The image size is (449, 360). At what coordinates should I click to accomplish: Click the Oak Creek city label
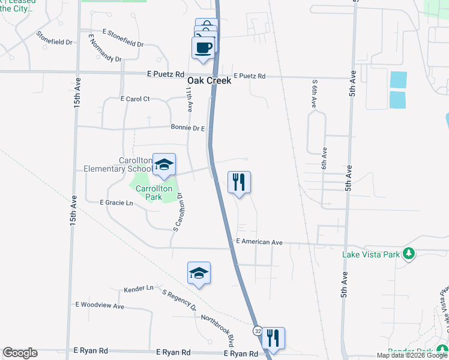click(x=209, y=80)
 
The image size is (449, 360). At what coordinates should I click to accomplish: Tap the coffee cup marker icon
click(x=203, y=47)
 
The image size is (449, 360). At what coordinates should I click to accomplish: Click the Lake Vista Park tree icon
click(x=409, y=254)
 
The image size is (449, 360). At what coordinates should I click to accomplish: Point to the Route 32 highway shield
click(x=258, y=331)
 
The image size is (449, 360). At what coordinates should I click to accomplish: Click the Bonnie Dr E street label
click(x=188, y=128)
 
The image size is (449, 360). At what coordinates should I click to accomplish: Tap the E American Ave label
click(x=259, y=242)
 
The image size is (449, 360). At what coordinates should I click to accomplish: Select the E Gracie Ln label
click(x=116, y=203)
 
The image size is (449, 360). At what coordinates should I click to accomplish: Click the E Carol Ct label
click(x=135, y=98)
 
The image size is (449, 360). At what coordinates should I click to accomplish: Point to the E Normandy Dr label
click(x=104, y=48)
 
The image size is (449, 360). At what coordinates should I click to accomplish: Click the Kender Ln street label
click(x=139, y=289)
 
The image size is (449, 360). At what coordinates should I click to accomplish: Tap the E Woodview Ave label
click(x=100, y=306)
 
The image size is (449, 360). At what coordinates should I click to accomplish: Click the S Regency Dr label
click(x=179, y=300)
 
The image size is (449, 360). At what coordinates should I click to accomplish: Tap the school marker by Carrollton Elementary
click(x=164, y=166)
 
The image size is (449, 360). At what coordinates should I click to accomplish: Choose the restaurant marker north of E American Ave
click(x=239, y=182)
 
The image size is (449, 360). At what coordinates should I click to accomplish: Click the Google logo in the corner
click(x=20, y=353)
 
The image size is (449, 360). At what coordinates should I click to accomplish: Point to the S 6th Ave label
click(x=313, y=93)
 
